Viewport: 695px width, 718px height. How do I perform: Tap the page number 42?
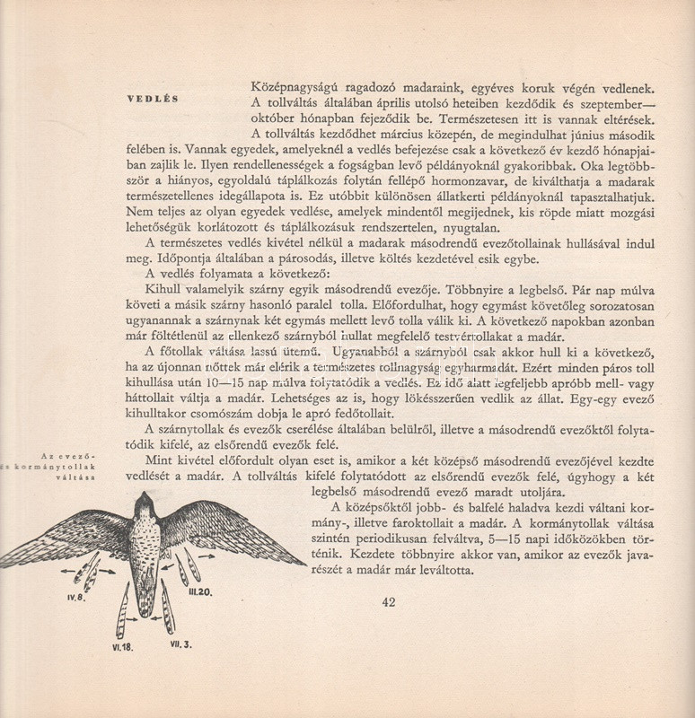(x=388, y=603)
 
